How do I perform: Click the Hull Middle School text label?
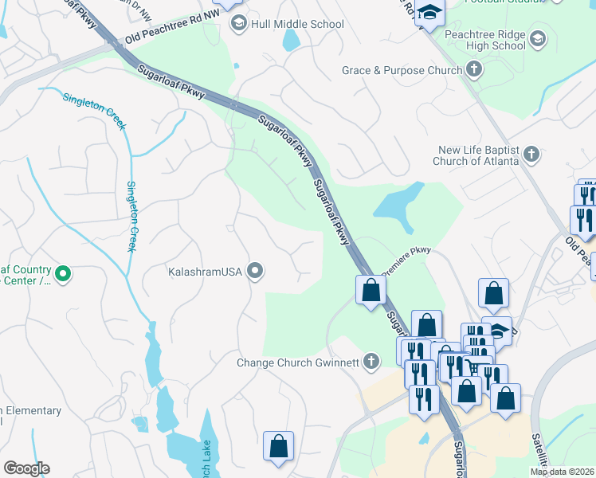coord(297,24)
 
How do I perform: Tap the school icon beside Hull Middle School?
coord(238,24)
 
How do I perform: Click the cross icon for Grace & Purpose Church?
coord(474,70)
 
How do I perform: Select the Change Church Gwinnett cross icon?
coord(370,363)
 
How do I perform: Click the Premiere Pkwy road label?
coord(406,262)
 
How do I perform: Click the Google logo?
coord(26,468)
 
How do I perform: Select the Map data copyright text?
coord(562,472)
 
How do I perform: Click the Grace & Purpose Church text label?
coord(402,71)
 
